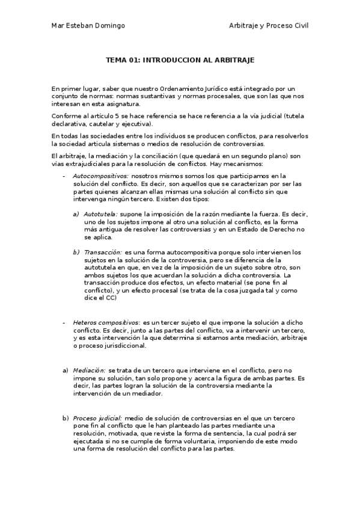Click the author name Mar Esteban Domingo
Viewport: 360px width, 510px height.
tap(89, 25)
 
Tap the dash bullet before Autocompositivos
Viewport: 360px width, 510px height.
tap(64, 176)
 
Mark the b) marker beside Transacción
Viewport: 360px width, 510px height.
tap(76, 252)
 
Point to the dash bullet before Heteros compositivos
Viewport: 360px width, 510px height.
tap(64, 324)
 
